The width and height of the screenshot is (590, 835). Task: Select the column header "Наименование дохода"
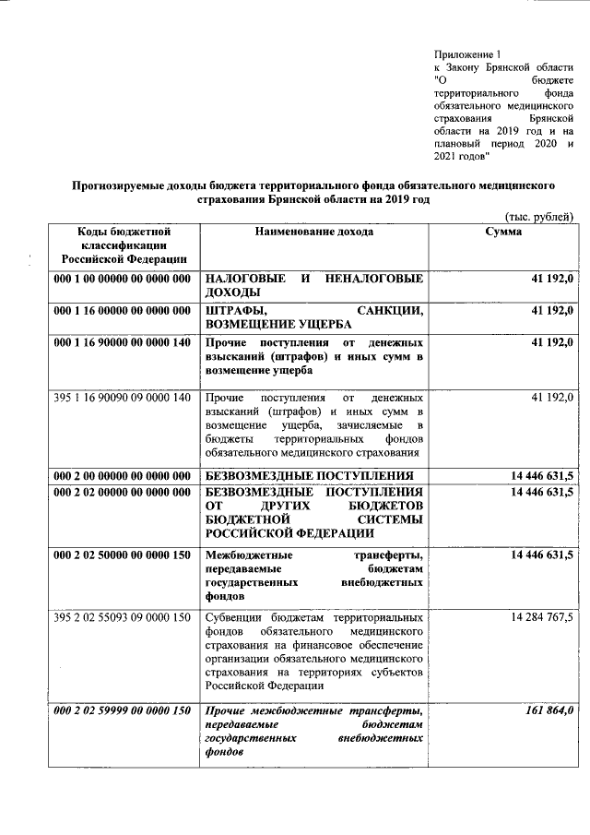click(x=313, y=232)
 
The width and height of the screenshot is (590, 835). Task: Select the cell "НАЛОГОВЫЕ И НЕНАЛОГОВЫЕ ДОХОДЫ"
click(x=313, y=285)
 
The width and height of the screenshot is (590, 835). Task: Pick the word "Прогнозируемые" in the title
click(x=126, y=185)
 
